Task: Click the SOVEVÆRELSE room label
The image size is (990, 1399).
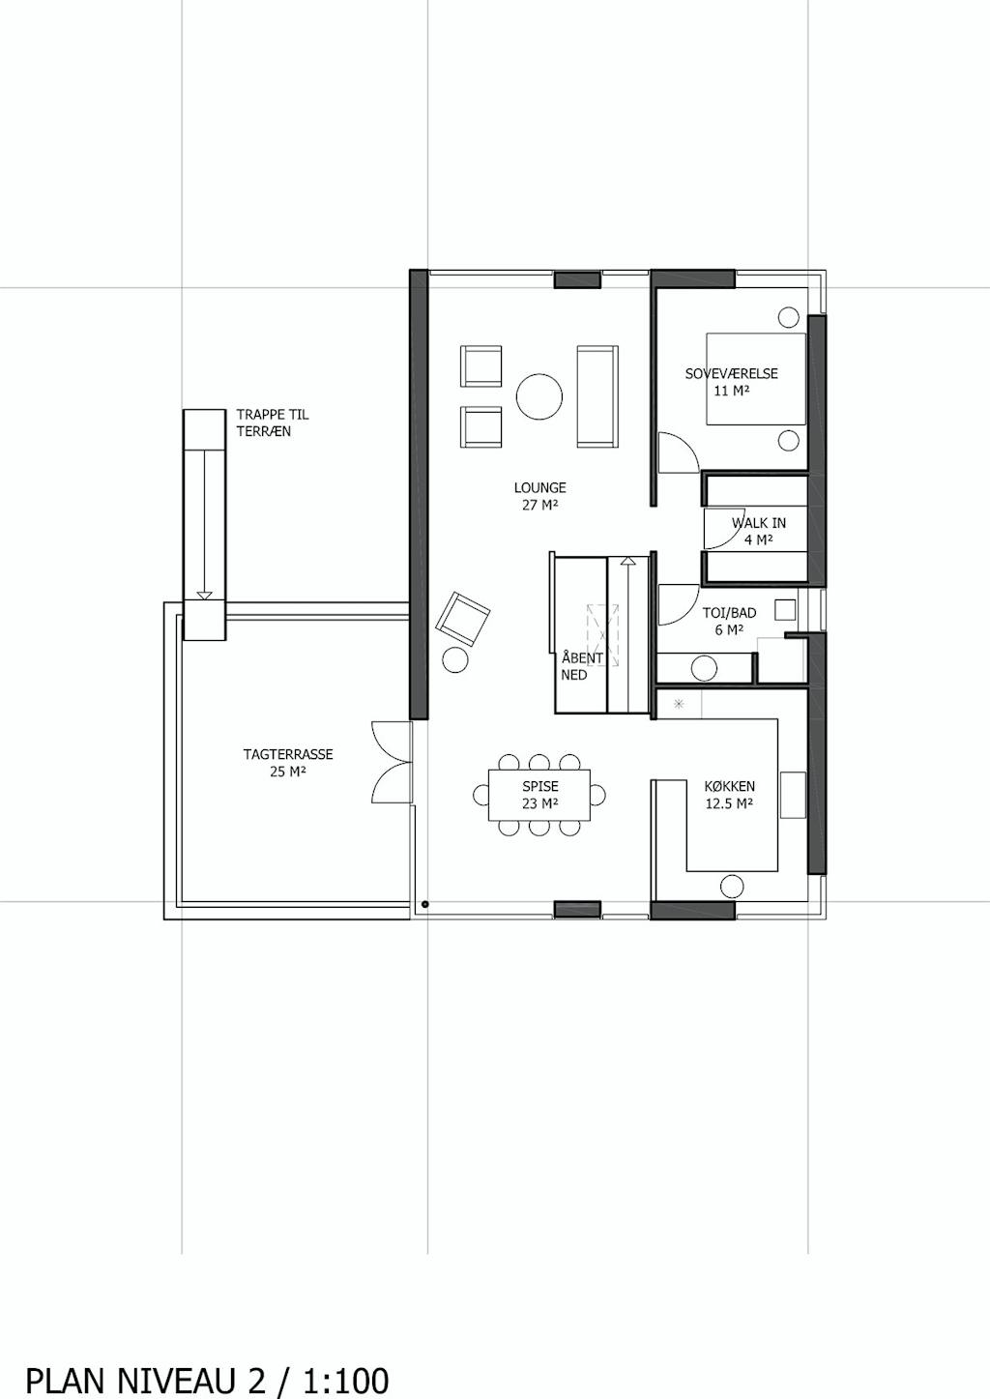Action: point(732,374)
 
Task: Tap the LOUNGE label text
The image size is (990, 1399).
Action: point(540,488)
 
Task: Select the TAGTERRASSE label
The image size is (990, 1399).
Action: point(288,754)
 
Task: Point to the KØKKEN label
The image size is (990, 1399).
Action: point(730,787)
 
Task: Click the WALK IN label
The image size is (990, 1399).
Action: point(759,523)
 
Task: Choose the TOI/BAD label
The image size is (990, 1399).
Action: point(730,613)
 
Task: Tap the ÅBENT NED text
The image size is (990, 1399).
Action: point(582,666)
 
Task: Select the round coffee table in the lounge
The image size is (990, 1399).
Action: point(539,396)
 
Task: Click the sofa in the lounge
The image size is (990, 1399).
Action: point(597,396)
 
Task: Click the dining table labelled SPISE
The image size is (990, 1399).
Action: point(539,795)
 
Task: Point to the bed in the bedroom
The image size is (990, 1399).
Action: point(756,378)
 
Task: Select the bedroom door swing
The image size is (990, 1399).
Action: point(679,452)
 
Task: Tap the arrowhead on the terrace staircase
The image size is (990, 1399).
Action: point(204,595)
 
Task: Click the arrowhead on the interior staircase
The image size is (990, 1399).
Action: point(627,562)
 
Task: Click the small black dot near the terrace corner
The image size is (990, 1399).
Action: point(424,904)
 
